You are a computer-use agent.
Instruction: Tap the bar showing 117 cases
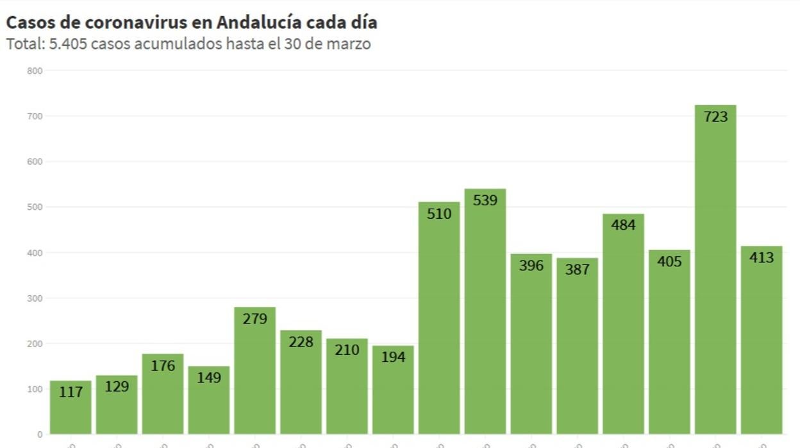pyautogui.click(x=71, y=411)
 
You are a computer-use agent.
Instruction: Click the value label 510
pyautogui.click(x=439, y=214)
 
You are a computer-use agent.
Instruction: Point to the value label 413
pyautogui.click(x=762, y=258)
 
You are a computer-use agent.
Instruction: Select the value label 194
pyautogui.click(x=393, y=357)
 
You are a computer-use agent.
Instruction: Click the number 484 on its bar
pyautogui.click(x=623, y=225)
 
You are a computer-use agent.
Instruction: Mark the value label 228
pyautogui.click(x=301, y=342)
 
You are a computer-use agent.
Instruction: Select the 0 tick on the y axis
pyautogui.click(x=40, y=435)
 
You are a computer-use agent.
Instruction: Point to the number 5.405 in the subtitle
pyautogui.click(x=68, y=44)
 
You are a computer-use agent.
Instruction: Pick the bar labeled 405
pyautogui.click(x=669, y=347)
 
